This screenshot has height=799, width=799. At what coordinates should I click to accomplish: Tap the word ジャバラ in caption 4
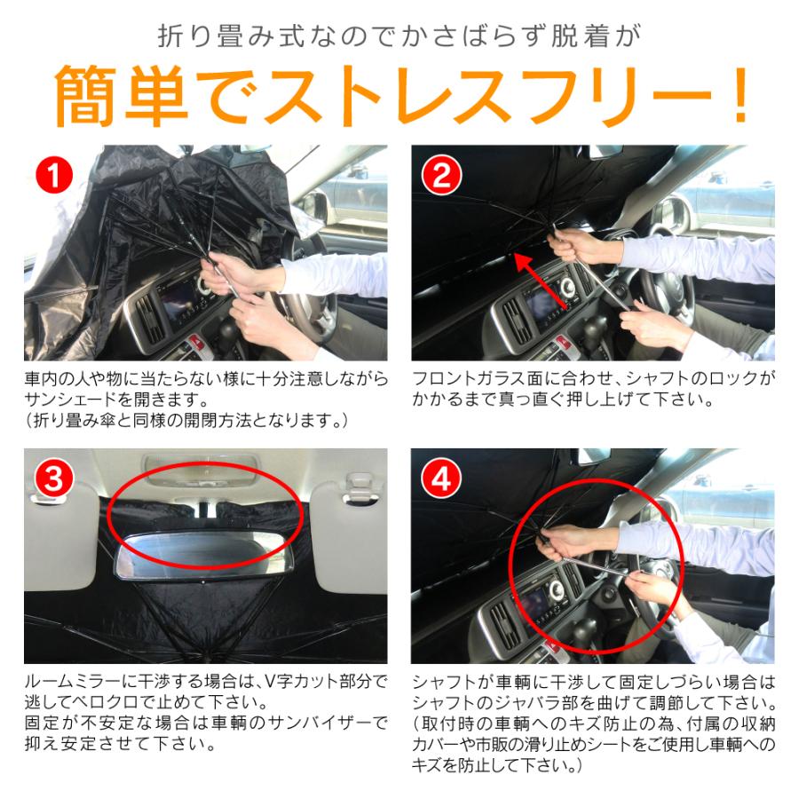pyautogui.click(x=543, y=701)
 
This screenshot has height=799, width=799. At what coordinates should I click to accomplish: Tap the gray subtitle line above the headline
pyautogui.click(x=399, y=36)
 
